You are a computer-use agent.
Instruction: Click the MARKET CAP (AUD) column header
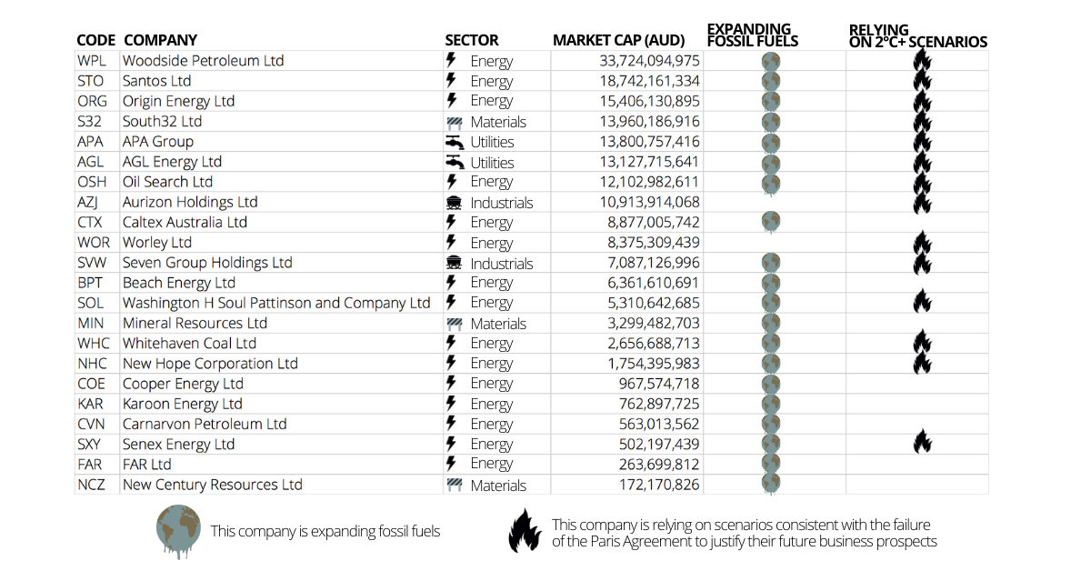click(618, 40)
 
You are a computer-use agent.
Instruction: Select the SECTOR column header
click(472, 40)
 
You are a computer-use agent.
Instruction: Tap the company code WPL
click(92, 61)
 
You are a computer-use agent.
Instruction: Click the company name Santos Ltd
click(156, 81)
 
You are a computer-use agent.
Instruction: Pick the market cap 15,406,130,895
click(649, 101)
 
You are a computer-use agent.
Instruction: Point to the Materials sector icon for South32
click(454, 122)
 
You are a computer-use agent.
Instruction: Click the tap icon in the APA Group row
click(454, 142)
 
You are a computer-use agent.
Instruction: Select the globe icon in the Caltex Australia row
click(771, 222)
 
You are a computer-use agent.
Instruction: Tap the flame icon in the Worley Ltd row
click(922, 243)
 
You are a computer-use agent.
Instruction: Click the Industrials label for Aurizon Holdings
click(502, 203)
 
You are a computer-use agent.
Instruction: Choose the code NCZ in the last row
click(91, 485)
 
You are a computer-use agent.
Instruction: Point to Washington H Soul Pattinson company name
click(276, 303)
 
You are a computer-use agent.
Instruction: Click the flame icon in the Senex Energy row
click(922, 441)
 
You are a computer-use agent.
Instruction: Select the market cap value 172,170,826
click(659, 485)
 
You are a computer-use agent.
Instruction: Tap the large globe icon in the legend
click(178, 531)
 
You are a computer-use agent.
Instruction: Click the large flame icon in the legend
click(525, 531)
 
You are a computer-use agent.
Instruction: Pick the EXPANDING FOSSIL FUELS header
click(753, 35)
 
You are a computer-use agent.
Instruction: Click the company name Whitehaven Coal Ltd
click(189, 344)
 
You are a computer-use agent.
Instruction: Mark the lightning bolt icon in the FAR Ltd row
click(452, 464)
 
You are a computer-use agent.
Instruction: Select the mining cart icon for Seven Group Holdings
click(454, 263)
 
